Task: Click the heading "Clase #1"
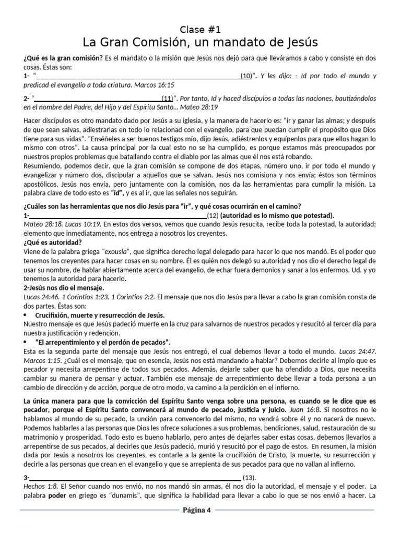pyautogui.click(x=200, y=29)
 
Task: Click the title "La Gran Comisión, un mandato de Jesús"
pyautogui.click(x=200, y=42)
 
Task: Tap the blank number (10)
pyautogui.click(x=246, y=76)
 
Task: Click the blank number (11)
pyautogui.click(x=168, y=98)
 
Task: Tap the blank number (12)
pyautogui.click(x=213, y=215)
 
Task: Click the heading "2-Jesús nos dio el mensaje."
pyautogui.click(x=64, y=287)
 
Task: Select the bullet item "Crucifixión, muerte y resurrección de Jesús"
pyautogui.click(x=100, y=315)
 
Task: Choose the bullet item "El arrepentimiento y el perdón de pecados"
pyautogui.click(x=103, y=342)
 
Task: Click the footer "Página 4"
pyautogui.click(x=196, y=510)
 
